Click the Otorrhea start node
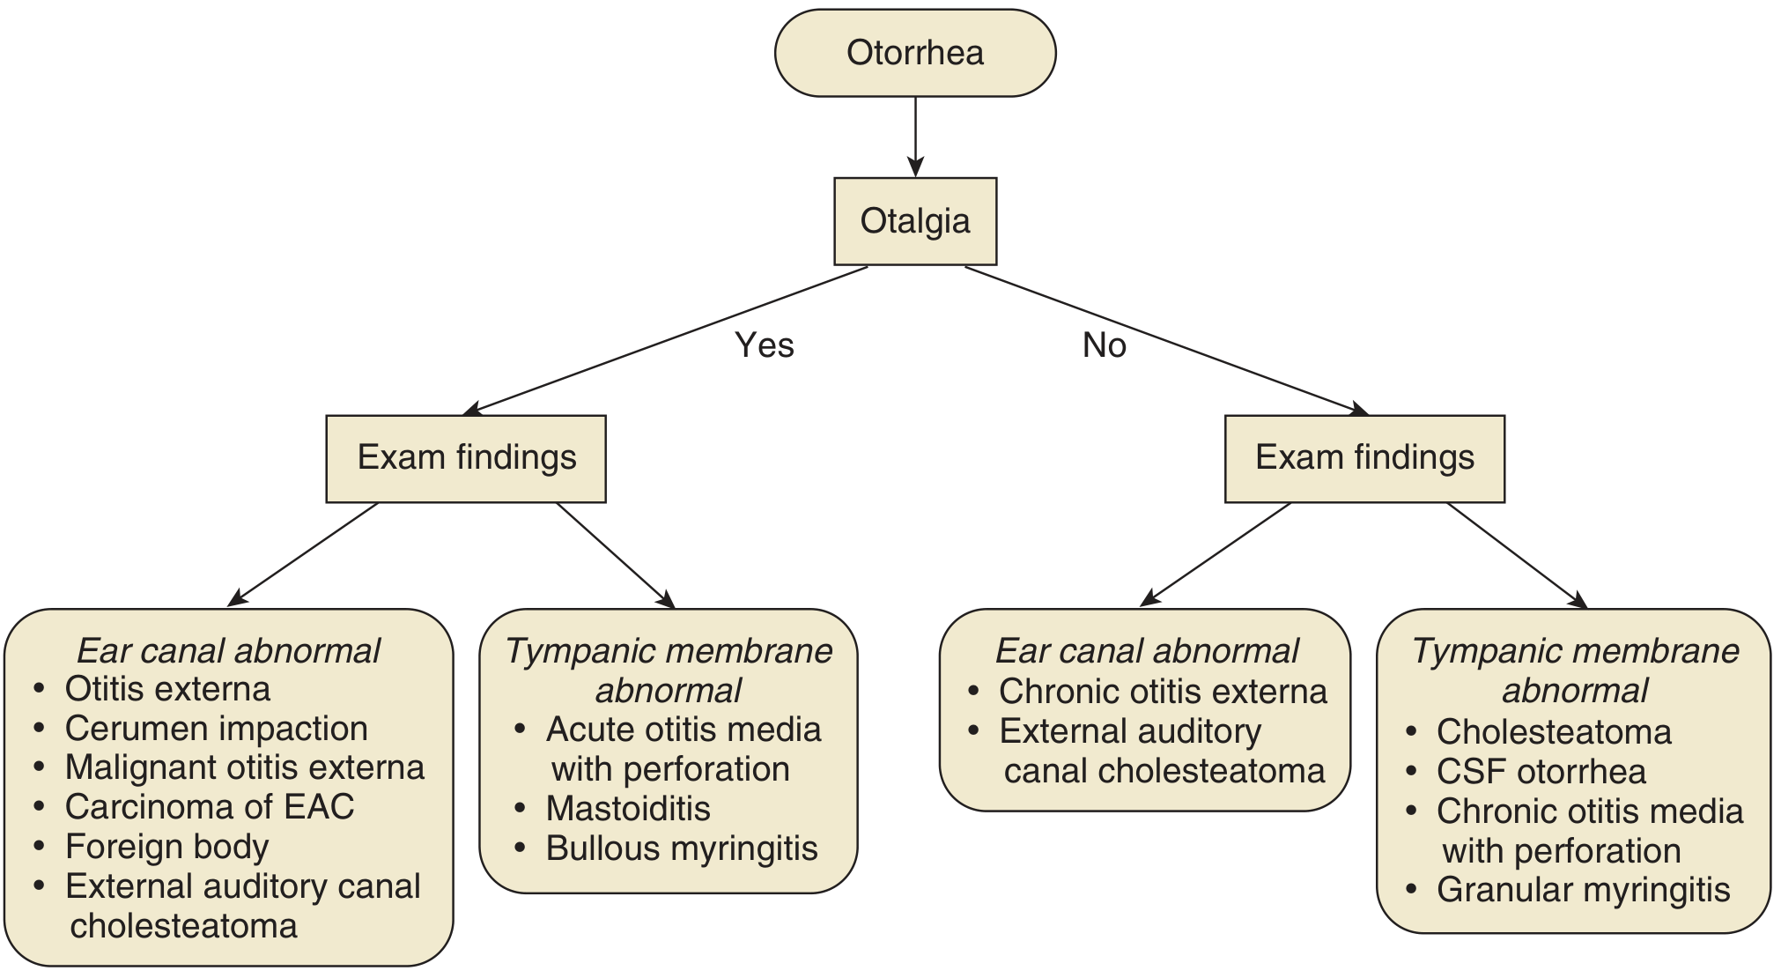pyautogui.click(x=914, y=53)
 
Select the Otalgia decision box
pyautogui.click(x=914, y=221)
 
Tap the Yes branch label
pyautogui.click(x=764, y=345)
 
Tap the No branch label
pyautogui.click(x=1104, y=345)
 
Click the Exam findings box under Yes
pyautogui.click(x=466, y=458)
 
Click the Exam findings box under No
pyautogui.click(x=1363, y=458)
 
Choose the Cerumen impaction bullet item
pyautogui.click(x=216, y=729)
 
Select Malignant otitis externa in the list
pyautogui.click(x=244, y=767)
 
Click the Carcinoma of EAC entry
pyautogui.click(x=209, y=807)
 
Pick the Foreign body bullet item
pyautogui.click(x=166, y=847)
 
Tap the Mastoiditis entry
pyautogui.click(x=627, y=809)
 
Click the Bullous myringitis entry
pyautogui.click(x=681, y=848)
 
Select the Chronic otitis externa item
pyautogui.click(x=1162, y=692)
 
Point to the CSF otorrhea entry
pyautogui.click(x=1541, y=772)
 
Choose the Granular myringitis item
pyautogui.click(x=1583, y=890)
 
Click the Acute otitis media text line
pyautogui.click(x=683, y=730)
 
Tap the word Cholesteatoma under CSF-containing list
pyautogui.click(x=1553, y=732)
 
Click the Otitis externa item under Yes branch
pyautogui.click(x=167, y=689)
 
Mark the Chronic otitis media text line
pyautogui.click(x=1589, y=811)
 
